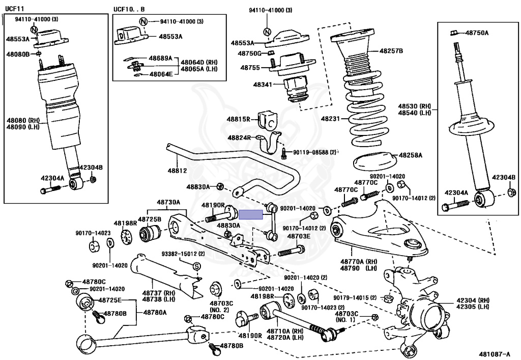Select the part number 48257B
point(391,51)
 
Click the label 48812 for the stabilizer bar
point(178,171)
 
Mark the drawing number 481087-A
point(497,353)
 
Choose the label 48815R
point(239,119)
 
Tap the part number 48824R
point(239,137)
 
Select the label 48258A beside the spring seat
point(410,154)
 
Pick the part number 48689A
point(161,59)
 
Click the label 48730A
point(168,202)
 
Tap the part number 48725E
point(110,300)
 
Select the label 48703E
point(299,237)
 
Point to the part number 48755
point(250,67)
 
